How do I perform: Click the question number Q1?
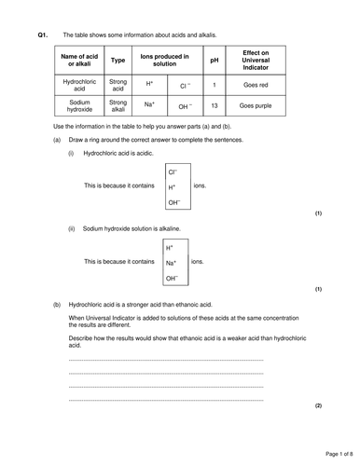pos(42,34)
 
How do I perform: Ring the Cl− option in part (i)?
pos(173,172)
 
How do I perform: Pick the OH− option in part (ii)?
pos(172,278)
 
